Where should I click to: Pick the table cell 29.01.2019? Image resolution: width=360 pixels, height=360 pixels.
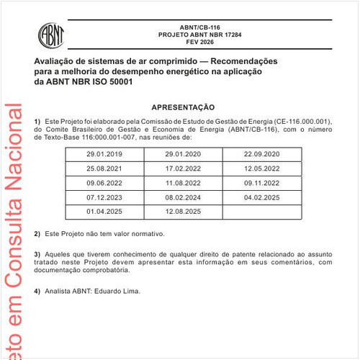click(x=104, y=155)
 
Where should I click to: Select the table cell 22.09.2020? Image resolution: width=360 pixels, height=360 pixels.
click(x=262, y=155)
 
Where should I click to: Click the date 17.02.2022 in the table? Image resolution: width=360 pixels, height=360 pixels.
click(x=183, y=168)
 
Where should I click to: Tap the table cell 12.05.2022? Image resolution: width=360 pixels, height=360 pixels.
click(x=262, y=168)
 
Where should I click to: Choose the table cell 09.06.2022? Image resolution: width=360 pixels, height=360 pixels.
click(x=104, y=183)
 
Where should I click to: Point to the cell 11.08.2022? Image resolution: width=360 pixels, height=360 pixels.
click(x=183, y=183)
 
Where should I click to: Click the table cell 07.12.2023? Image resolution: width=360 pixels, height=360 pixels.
click(x=104, y=197)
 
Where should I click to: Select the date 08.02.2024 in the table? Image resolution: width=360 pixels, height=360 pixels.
click(x=183, y=197)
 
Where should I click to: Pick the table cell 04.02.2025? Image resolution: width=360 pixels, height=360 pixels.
click(x=262, y=197)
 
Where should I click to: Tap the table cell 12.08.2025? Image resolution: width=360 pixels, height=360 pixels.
click(x=183, y=210)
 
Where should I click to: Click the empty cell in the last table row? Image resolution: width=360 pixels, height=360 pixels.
click(x=262, y=210)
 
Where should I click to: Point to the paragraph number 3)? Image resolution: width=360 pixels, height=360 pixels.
click(x=37, y=255)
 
